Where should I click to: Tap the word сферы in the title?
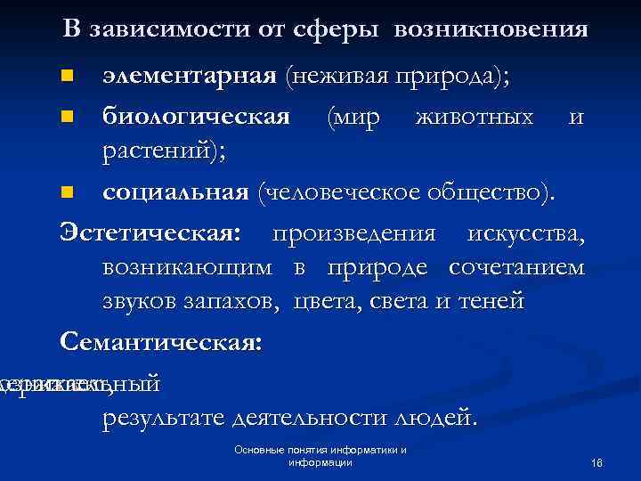click(x=326, y=30)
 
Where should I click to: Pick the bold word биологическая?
click(x=196, y=117)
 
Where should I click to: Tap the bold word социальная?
click(x=174, y=192)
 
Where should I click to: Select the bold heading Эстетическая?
click(x=150, y=233)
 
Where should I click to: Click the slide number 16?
click(x=596, y=463)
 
